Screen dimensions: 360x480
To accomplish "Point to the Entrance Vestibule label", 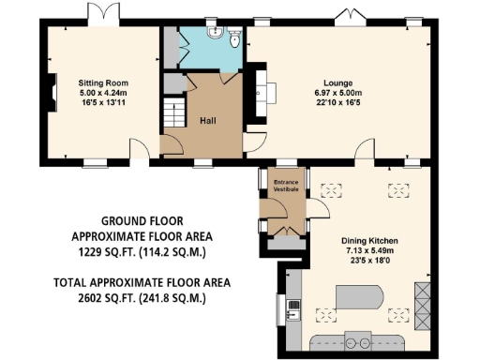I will pos(285,186).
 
